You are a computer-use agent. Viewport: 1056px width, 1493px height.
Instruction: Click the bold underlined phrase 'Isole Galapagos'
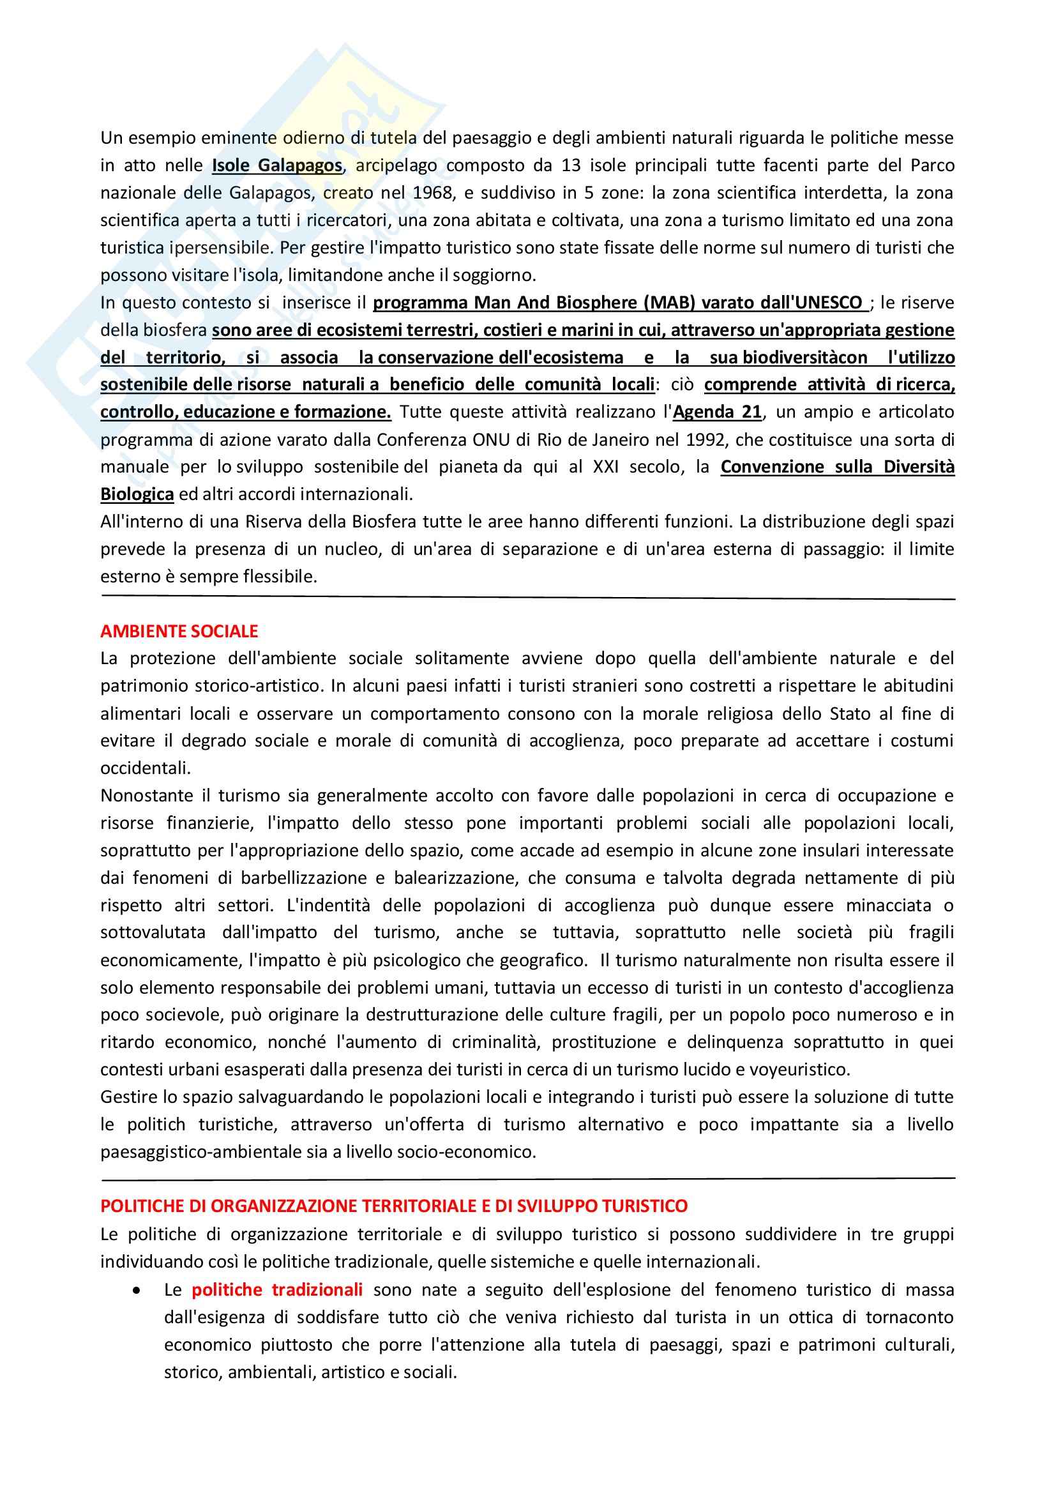[277, 166]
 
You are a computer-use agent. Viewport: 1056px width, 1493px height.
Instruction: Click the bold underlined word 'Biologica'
[137, 494]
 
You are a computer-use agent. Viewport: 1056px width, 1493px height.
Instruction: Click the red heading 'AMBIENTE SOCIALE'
[179, 631]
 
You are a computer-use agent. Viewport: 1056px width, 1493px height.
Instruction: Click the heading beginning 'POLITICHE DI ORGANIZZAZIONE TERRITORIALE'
[394, 1206]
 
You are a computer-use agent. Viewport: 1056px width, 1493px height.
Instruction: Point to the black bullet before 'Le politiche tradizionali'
[135, 1289]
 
